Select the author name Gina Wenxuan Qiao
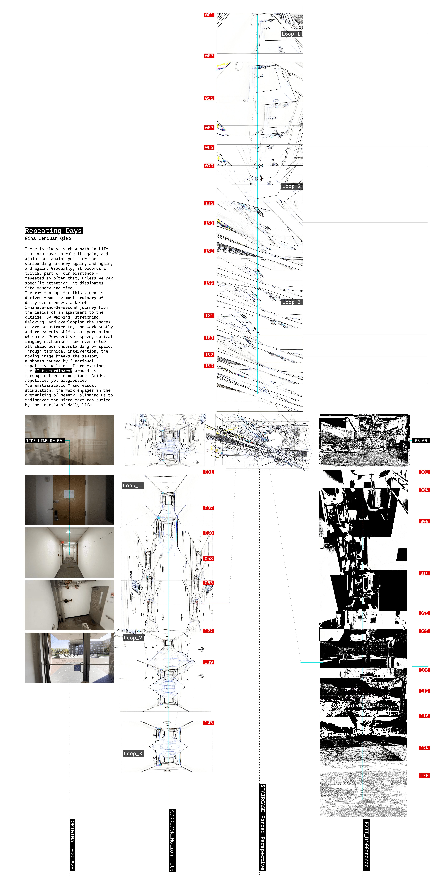[x=48, y=238]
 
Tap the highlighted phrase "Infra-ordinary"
[x=53, y=371]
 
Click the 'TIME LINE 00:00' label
[x=44, y=441]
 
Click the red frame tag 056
[x=209, y=98]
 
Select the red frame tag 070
[x=209, y=166]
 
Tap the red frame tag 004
[x=424, y=490]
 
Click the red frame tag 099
[x=424, y=631]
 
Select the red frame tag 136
[x=424, y=776]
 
